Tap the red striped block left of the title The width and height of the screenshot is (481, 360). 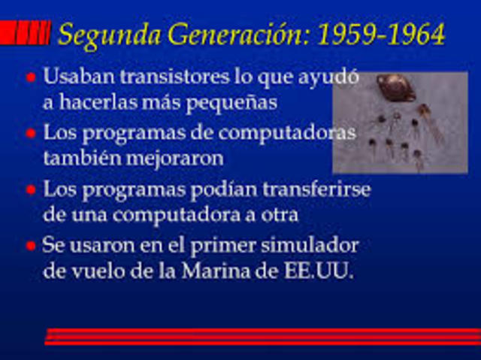(x=25, y=33)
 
